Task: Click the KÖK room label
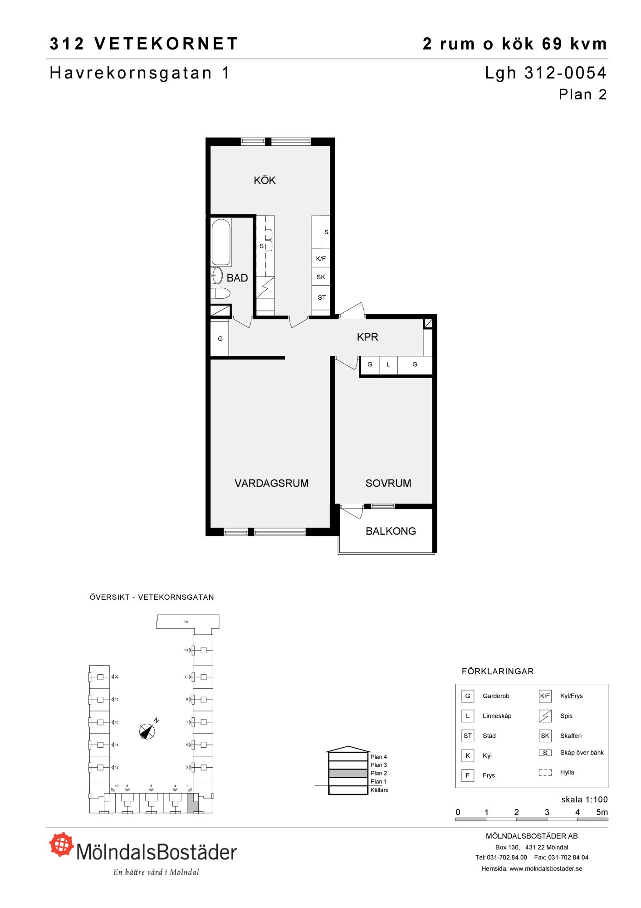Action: coord(264,181)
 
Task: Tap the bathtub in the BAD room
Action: coord(221,242)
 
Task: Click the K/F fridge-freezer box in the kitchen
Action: coord(321,259)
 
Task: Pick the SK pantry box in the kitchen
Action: coord(321,277)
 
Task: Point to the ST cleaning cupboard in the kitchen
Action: coord(321,298)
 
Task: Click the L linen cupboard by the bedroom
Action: coord(388,365)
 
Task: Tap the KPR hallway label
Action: coord(367,337)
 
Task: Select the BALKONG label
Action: coord(391,531)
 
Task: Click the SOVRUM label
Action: coord(388,484)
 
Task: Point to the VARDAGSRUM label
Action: coord(271,484)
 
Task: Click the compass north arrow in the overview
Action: coord(148,730)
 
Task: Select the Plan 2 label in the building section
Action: coord(379,773)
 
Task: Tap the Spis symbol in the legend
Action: coord(545,716)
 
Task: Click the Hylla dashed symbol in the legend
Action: coord(545,772)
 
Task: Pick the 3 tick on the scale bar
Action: coord(547,813)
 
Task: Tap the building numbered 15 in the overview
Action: coord(187,622)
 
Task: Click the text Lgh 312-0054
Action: coord(546,73)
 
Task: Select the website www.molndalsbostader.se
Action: coord(546,869)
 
